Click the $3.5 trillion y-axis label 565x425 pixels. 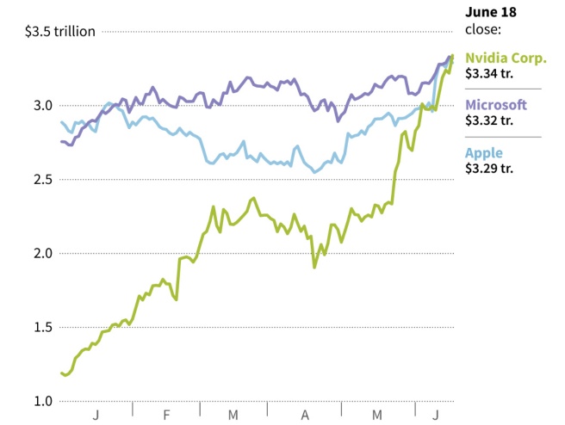point(59,32)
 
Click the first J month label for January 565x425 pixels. point(96,416)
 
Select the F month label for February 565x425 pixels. point(166,416)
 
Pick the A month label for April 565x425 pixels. point(305,416)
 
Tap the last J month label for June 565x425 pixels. point(436,416)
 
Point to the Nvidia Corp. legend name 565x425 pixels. point(506,59)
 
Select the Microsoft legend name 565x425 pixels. point(496,105)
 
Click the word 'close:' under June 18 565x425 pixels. point(483,28)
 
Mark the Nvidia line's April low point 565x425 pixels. point(314,267)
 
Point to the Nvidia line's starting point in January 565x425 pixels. point(61,373)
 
